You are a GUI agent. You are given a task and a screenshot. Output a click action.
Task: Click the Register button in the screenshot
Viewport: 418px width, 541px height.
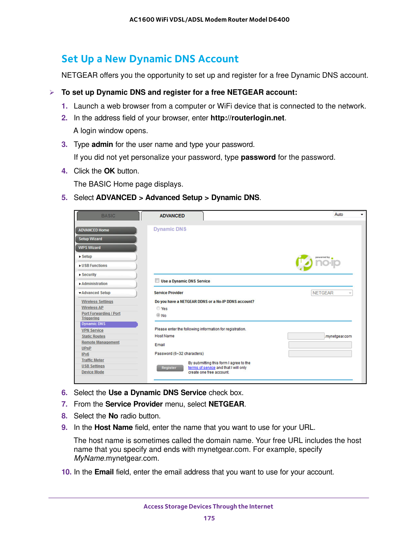click(169, 368)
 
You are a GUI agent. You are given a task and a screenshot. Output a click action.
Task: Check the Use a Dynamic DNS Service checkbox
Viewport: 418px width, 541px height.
click(157, 281)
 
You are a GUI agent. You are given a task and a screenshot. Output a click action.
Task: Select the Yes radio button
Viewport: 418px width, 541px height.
click(158, 309)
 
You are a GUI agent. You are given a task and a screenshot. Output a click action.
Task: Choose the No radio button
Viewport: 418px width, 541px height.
click(158, 315)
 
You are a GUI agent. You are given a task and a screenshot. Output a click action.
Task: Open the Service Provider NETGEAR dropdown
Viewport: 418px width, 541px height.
click(332, 293)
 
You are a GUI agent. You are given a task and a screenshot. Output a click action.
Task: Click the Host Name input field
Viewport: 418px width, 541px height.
click(306, 336)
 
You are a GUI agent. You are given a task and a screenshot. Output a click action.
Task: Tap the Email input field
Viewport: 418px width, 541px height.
click(320, 345)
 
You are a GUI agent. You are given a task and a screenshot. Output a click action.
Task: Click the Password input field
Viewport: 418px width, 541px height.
click(320, 354)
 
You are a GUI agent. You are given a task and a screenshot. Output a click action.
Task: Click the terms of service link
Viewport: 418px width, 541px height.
click(202, 368)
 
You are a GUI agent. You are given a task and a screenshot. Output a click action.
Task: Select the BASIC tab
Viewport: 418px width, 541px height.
click(108, 216)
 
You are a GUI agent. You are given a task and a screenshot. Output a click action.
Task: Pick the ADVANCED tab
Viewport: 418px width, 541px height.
click(172, 216)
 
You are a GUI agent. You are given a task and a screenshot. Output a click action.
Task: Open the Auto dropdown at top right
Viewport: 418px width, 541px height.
click(349, 214)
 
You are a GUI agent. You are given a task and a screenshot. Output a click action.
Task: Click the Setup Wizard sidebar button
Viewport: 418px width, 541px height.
click(106, 239)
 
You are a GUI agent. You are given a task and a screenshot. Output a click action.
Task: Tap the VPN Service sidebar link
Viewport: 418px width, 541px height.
click(92, 331)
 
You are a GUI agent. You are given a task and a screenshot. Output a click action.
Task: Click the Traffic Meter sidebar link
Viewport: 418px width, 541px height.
click(93, 360)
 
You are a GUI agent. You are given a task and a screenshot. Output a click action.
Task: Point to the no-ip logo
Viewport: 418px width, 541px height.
click(318, 263)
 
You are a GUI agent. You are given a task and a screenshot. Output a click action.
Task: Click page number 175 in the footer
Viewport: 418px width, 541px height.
click(209, 518)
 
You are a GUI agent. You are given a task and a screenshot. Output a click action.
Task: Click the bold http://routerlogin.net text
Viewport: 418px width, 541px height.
click(248, 118)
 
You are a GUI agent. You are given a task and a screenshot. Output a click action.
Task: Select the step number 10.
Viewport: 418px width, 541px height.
click(66, 472)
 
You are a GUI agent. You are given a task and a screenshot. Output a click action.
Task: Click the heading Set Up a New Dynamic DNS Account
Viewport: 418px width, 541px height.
click(150, 59)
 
